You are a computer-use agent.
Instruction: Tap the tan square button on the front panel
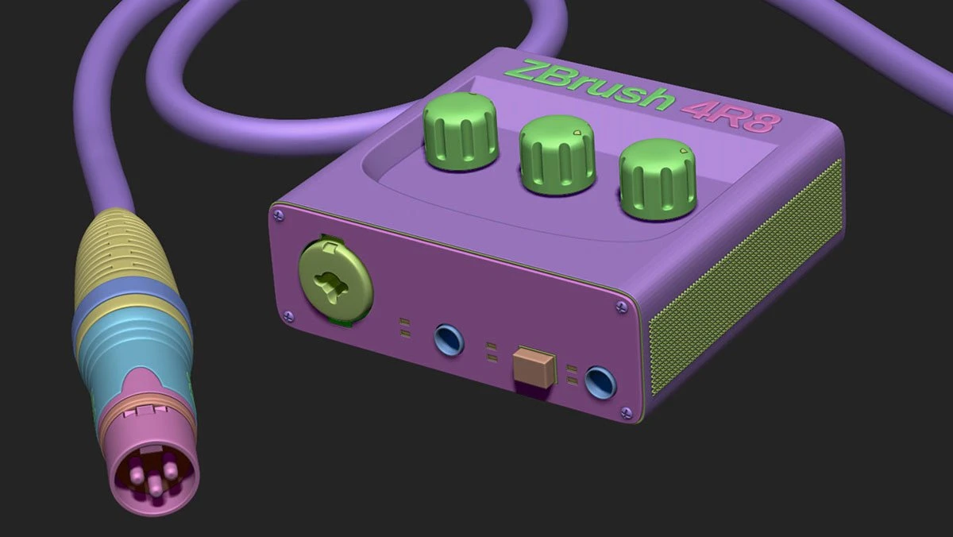(533, 366)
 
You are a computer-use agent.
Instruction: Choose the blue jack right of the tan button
(600, 382)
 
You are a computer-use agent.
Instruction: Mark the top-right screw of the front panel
(620, 306)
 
